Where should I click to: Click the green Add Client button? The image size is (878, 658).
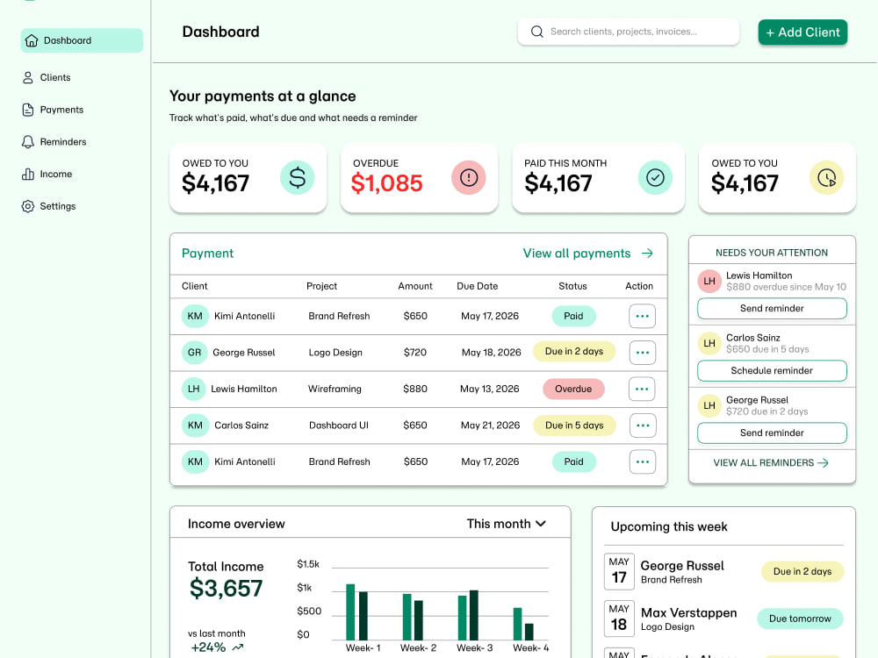802,32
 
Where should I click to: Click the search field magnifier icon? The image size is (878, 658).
537,32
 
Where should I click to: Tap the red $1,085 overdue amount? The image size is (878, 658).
386,183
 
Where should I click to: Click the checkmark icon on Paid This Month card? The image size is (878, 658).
655,177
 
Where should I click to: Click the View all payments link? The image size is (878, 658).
587,253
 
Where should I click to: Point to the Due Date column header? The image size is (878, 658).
477,286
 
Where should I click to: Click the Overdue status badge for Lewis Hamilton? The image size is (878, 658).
573,389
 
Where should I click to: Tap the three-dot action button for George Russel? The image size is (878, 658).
643,353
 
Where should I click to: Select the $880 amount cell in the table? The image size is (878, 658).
415,389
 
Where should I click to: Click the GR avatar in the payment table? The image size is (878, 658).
194,353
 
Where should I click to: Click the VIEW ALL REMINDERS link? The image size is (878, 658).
771,462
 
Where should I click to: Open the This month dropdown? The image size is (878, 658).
507,524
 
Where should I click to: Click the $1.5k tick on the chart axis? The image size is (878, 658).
308,564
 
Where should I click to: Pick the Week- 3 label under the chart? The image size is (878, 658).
474,648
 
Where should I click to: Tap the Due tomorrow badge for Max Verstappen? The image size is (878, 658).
800,619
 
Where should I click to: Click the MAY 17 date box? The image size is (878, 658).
619,571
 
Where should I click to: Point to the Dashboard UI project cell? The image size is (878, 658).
339,426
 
